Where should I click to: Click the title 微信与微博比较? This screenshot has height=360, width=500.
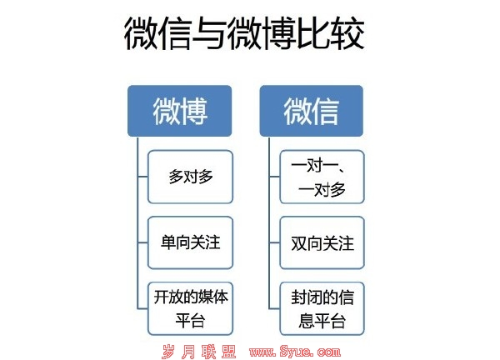pos(244,33)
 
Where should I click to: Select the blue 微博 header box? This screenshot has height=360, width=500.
pos(179,111)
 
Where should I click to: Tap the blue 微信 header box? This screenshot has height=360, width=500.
pos(312,111)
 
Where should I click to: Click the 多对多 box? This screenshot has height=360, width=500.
pos(190,177)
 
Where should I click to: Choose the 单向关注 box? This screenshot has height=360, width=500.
pos(190,242)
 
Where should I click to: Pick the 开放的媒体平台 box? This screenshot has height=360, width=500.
pos(190,308)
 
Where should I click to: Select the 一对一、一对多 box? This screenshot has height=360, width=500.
pos(322,177)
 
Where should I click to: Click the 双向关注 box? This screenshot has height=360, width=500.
pos(322,242)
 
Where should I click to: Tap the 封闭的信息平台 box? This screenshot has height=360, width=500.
pos(322,308)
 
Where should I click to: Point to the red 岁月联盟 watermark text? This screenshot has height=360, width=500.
pos(199,352)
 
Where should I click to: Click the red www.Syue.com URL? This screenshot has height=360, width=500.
pos(295,352)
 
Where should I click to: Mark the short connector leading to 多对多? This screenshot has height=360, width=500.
pos(142,177)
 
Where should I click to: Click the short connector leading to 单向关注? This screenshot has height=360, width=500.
pos(142,242)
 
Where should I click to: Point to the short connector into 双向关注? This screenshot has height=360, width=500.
pos(274,242)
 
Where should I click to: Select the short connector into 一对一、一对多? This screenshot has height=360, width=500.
pos(274,177)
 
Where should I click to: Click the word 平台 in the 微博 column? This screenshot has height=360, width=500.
pos(190,321)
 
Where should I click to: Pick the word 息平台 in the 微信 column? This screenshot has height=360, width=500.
pos(322,321)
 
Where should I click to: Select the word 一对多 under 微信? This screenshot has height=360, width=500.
pos(322,190)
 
